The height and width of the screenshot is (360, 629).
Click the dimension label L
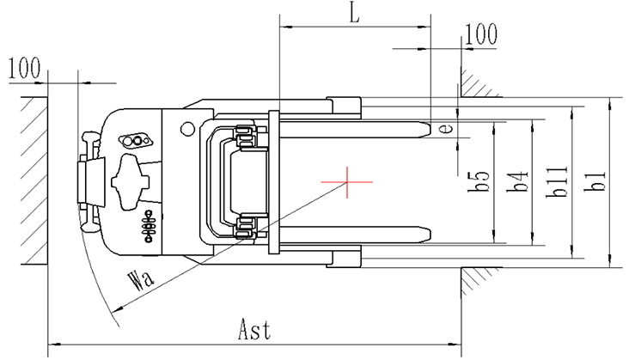coord(355,13)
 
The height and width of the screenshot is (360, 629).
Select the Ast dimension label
coord(254,330)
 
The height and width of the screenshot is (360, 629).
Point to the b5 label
coord(479,181)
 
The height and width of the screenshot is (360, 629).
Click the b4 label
coord(517,181)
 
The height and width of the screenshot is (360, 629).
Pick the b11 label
coord(557,181)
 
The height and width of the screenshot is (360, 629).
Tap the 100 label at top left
coord(24,68)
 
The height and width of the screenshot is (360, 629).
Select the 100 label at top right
coord(481,34)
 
